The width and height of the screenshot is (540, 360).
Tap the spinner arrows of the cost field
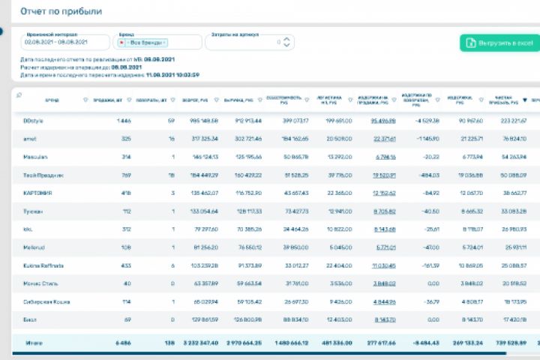pos(287,43)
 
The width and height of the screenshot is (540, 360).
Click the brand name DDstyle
pos(34,120)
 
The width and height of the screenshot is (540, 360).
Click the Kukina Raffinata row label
pos(43,265)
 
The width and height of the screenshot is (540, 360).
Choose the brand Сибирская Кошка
pos(44,302)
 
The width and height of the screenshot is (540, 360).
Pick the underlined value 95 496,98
pos(382,120)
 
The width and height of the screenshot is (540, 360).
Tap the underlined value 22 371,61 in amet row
pos(384,139)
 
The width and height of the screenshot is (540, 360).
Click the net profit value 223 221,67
pos(514,120)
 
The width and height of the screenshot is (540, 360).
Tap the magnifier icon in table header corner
pos(18,94)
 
